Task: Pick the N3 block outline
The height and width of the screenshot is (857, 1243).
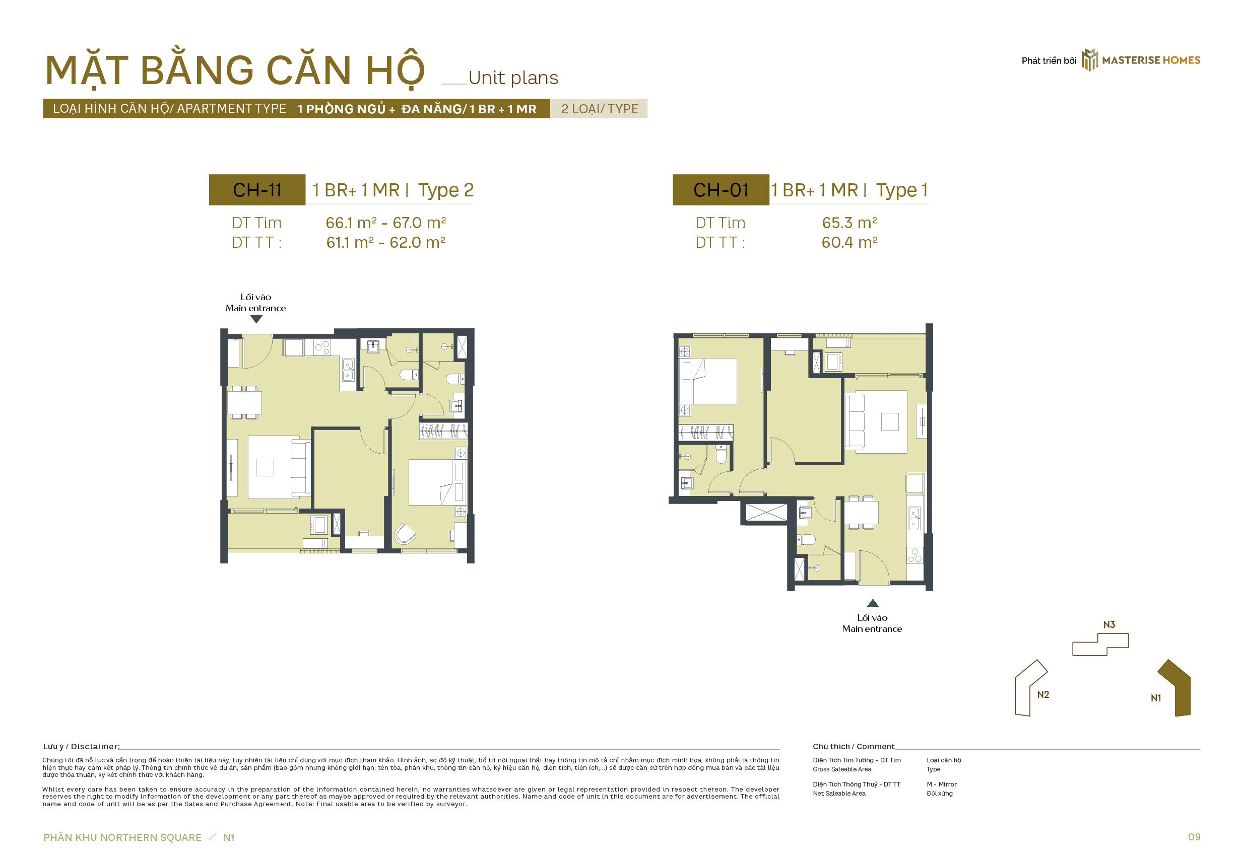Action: pyautogui.click(x=1100, y=645)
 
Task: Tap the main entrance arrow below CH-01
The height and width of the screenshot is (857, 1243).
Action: pyautogui.click(x=873, y=603)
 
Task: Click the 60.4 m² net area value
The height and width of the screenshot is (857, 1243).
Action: pyautogui.click(x=849, y=243)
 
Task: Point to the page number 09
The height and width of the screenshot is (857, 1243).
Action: pyautogui.click(x=1194, y=837)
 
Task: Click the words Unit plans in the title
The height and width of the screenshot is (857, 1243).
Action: pyautogui.click(x=513, y=78)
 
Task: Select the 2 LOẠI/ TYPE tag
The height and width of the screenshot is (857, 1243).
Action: pyautogui.click(x=600, y=109)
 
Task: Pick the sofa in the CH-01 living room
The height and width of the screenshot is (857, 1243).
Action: pyautogui.click(x=855, y=421)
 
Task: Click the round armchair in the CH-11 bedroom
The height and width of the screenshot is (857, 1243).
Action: pyautogui.click(x=405, y=534)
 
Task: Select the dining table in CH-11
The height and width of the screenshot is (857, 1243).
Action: pyautogui.click(x=244, y=403)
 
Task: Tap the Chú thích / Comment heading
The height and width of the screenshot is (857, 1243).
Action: pyautogui.click(x=854, y=746)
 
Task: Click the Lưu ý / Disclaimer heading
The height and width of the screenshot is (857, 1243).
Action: pyautogui.click(x=81, y=746)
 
